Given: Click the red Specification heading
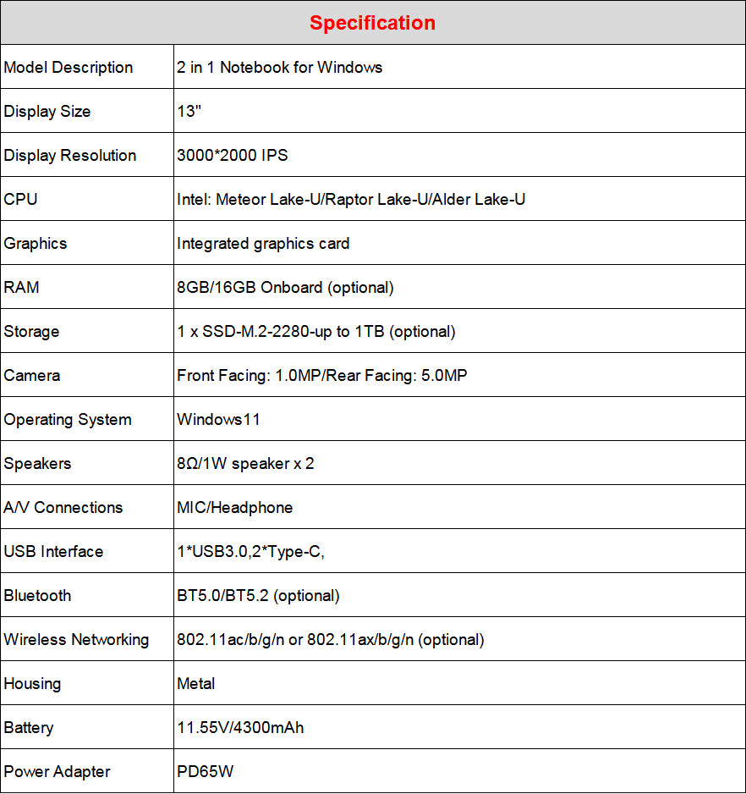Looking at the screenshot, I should pos(372,23).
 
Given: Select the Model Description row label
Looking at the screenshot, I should pos(69,68).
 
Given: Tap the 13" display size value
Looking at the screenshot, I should pos(189,112).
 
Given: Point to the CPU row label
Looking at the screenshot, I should pos(21,200).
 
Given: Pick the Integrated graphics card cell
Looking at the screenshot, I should pos(263,244).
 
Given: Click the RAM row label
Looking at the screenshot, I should pos(22,288).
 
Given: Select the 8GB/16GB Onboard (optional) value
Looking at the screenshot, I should pos(285,288).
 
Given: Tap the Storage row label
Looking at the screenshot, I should pos(31,332).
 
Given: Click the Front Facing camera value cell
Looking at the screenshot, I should pos(321,376).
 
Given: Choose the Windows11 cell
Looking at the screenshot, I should pos(218,420).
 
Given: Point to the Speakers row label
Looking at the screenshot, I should pos(37,464).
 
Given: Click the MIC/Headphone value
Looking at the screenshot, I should pos(234,508).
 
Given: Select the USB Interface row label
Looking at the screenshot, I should pos(53,552).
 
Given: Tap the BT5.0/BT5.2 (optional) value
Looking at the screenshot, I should pos(258,596).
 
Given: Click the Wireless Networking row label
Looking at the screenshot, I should pos(76,640).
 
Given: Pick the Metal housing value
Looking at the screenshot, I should pos(196,684).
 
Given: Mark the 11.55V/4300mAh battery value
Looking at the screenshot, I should pos(240,728).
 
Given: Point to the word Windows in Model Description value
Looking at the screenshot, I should pos(349,68).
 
